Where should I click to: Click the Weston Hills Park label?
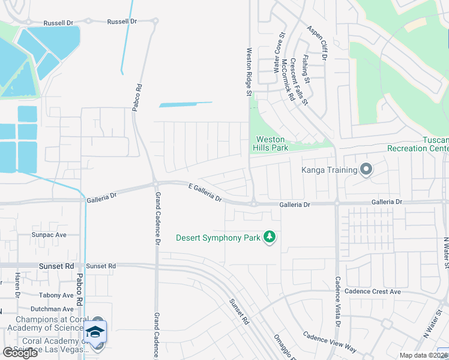[271, 143]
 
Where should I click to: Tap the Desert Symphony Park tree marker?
[270, 238]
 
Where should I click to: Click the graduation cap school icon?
[95, 332]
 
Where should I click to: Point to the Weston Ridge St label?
[249, 72]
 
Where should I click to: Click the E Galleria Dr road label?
[205, 192]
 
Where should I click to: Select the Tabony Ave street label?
[56, 295]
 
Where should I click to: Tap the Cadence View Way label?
[330, 342]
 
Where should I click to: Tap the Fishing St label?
[306, 69]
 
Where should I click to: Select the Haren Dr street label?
[17, 285]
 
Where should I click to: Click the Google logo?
[20, 352]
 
